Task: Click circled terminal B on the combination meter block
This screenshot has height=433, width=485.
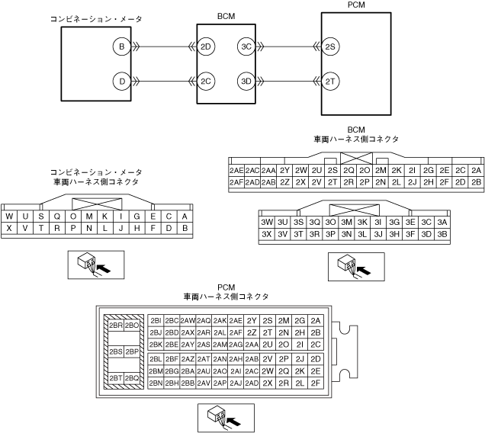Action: point(120,47)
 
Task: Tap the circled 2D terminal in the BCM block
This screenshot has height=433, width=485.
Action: point(206,47)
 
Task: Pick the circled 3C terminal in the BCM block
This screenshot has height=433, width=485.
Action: point(246,47)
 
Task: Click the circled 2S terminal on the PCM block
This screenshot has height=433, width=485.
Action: point(331,47)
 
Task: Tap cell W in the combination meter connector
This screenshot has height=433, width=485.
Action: point(9,216)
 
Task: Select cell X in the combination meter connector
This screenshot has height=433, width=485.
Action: point(9,228)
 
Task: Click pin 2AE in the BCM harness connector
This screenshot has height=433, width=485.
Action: point(236,170)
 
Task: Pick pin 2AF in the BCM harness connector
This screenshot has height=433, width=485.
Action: point(236,182)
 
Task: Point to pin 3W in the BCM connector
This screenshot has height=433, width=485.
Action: point(267,222)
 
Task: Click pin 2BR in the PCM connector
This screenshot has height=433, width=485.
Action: point(116,326)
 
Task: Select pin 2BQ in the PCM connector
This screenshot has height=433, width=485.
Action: point(132,377)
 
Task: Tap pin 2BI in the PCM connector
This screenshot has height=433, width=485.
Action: point(156,321)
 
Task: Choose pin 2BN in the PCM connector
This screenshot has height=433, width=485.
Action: point(156,383)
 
